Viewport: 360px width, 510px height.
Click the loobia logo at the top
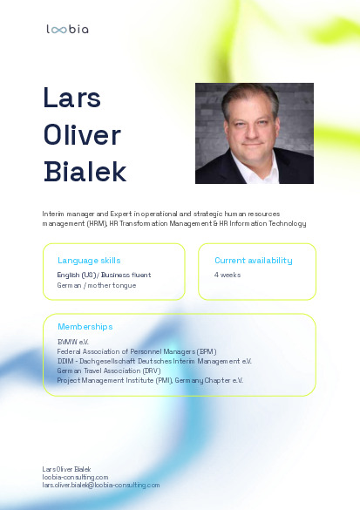pyautogui.click(x=67, y=30)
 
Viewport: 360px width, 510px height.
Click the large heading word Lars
pyautogui.click(x=71, y=98)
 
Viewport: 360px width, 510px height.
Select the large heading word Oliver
pyautogui.click(x=82, y=134)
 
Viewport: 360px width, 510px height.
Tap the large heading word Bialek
pyautogui.click(x=85, y=172)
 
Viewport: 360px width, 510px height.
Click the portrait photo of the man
pyautogui.click(x=255, y=133)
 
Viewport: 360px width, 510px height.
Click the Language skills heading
pyautogui.click(x=89, y=261)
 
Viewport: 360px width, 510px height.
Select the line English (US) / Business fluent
pyautogui.click(x=104, y=275)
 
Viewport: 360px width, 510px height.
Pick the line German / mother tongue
pyautogui.click(x=97, y=286)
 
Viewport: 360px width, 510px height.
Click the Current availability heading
pyautogui.click(x=254, y=261)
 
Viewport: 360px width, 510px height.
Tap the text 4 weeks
pyautogui.click(x=228, y=275)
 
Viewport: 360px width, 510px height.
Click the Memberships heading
pyautogui.click(x=85, y=327)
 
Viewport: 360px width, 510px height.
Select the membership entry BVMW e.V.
pyautogui.click(x=73, y=342)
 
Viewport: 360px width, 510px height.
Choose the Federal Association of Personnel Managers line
pyautogui.click(x=137, y=351)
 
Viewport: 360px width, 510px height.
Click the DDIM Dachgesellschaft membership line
pyautogui.click(x=154, y=361)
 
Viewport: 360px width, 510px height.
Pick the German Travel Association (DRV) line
pyautogui.click(x=109, y=371)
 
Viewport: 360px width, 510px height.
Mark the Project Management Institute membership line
pyautogui.click(x=150, y=381)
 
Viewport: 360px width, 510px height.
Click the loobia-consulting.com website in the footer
pyautogui.click(x=75, y=477)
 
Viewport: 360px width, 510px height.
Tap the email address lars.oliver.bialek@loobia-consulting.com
pyautogui.click(x=101, y=486)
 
